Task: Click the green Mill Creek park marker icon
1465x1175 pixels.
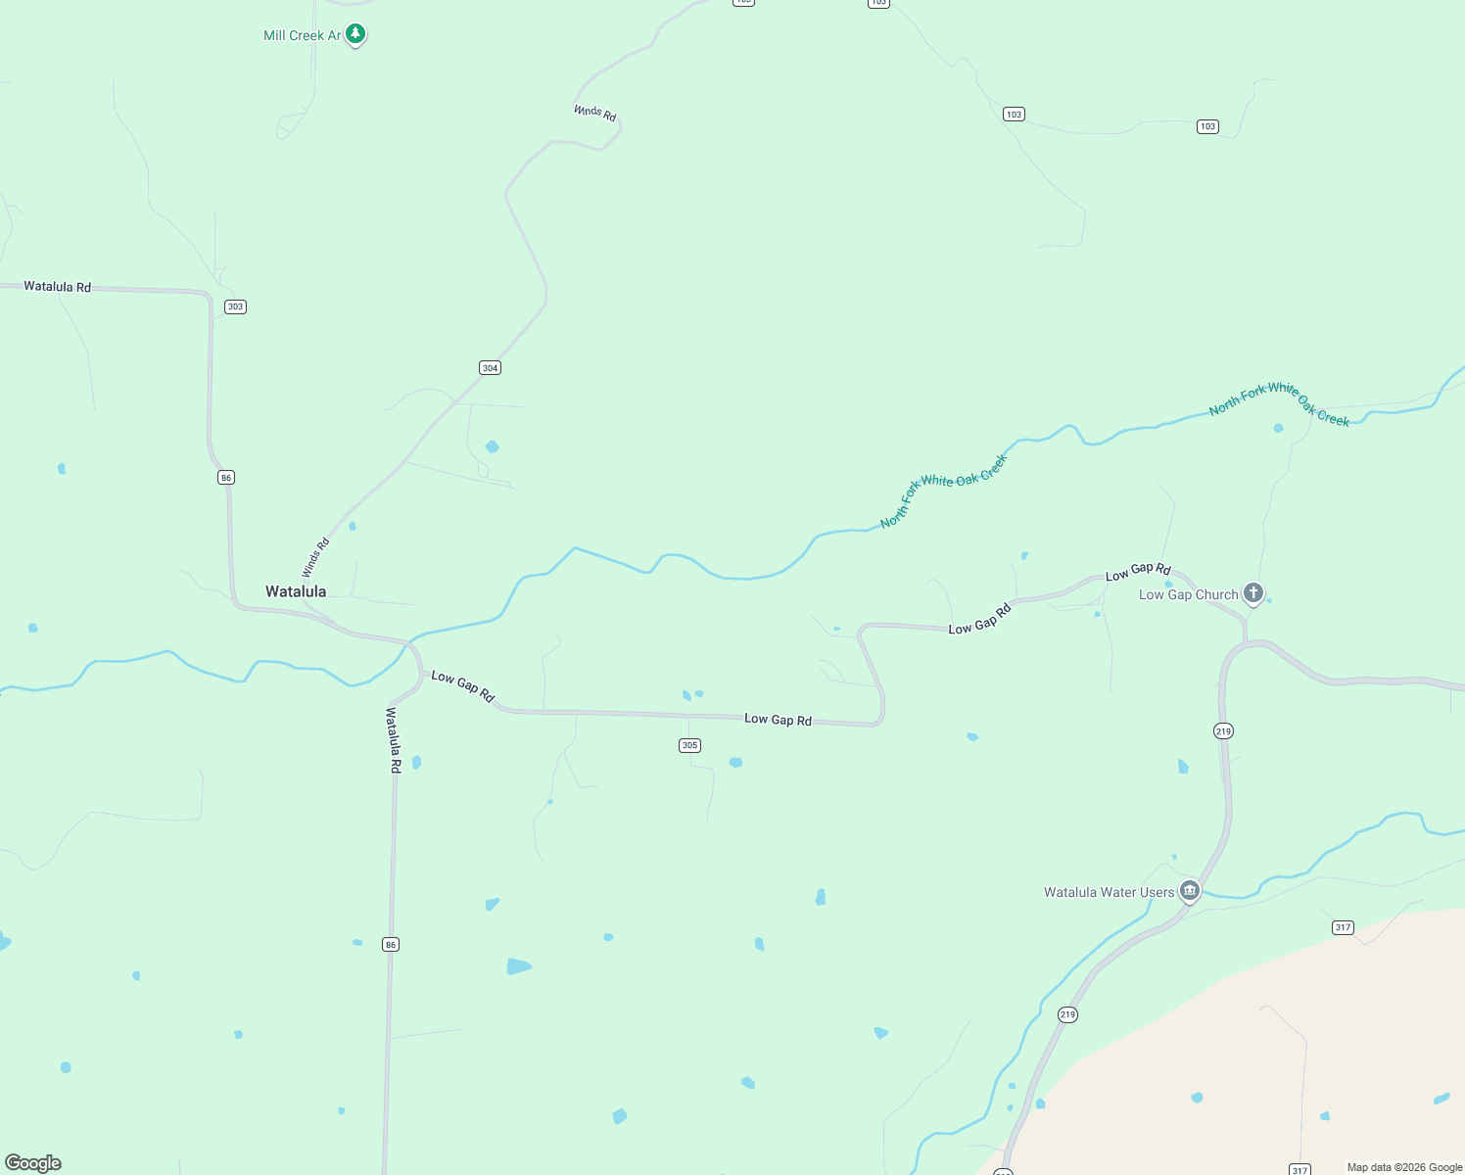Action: pyautogui.click(x=355, y=34)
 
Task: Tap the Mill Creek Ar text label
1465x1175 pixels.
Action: pyautogui.click(x=302, y=36)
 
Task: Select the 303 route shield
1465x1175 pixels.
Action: pyautogui.click(x=235, y=306)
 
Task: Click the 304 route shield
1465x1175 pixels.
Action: pyautogui.click(x=491, y=368)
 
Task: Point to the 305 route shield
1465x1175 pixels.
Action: pyautogui.click(x=689, y=745)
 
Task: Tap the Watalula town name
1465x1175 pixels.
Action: pyautogui.click(x=296, y=591)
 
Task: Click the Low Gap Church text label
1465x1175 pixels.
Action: pyautogui.click(x=1188, y=594)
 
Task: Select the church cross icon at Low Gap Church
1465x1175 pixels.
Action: pyautogui.click(x=1252, y=592)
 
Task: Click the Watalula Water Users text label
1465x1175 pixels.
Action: pyautogui.click(x=1109, y=892)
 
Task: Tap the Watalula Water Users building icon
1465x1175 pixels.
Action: pyautogui.click(x=1190, y=890)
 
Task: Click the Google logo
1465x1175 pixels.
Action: pyautogui.click(x=33, y=1163)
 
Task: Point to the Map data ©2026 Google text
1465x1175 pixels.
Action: pyautogui.click(x=1404, y=1167)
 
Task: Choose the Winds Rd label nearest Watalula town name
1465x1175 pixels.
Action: pyautogui.click(x=315, y=558)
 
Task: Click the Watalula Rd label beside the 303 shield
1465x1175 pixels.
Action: pyautogui.click(x=57, y=287)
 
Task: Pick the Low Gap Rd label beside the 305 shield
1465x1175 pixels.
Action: pyautogui.click(x=778, y=720)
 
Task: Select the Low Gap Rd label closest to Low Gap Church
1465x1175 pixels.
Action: pyautogui.click(x=1138, y=571)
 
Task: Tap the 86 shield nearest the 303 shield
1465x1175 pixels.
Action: pyautogui.click(x=226, y=478)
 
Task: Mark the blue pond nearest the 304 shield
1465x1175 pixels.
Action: pyautogui.click(x=492, y=446)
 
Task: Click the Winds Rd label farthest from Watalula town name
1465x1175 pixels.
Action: pyautogui.click(x=595, y=113)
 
